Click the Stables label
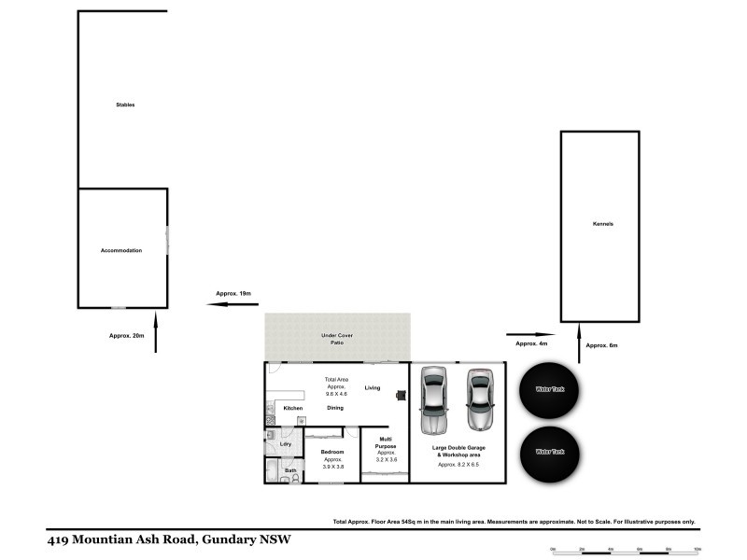125,105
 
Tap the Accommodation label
121,250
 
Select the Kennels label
602,225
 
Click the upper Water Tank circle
550,389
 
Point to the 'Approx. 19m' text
233,294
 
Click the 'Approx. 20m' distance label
127,335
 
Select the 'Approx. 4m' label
531,343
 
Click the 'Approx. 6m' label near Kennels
601,345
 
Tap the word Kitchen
293,408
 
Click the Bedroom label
332,452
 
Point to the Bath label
289,470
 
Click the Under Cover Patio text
337,339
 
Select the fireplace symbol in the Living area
401,395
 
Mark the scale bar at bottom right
626,551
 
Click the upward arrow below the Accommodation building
156,334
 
